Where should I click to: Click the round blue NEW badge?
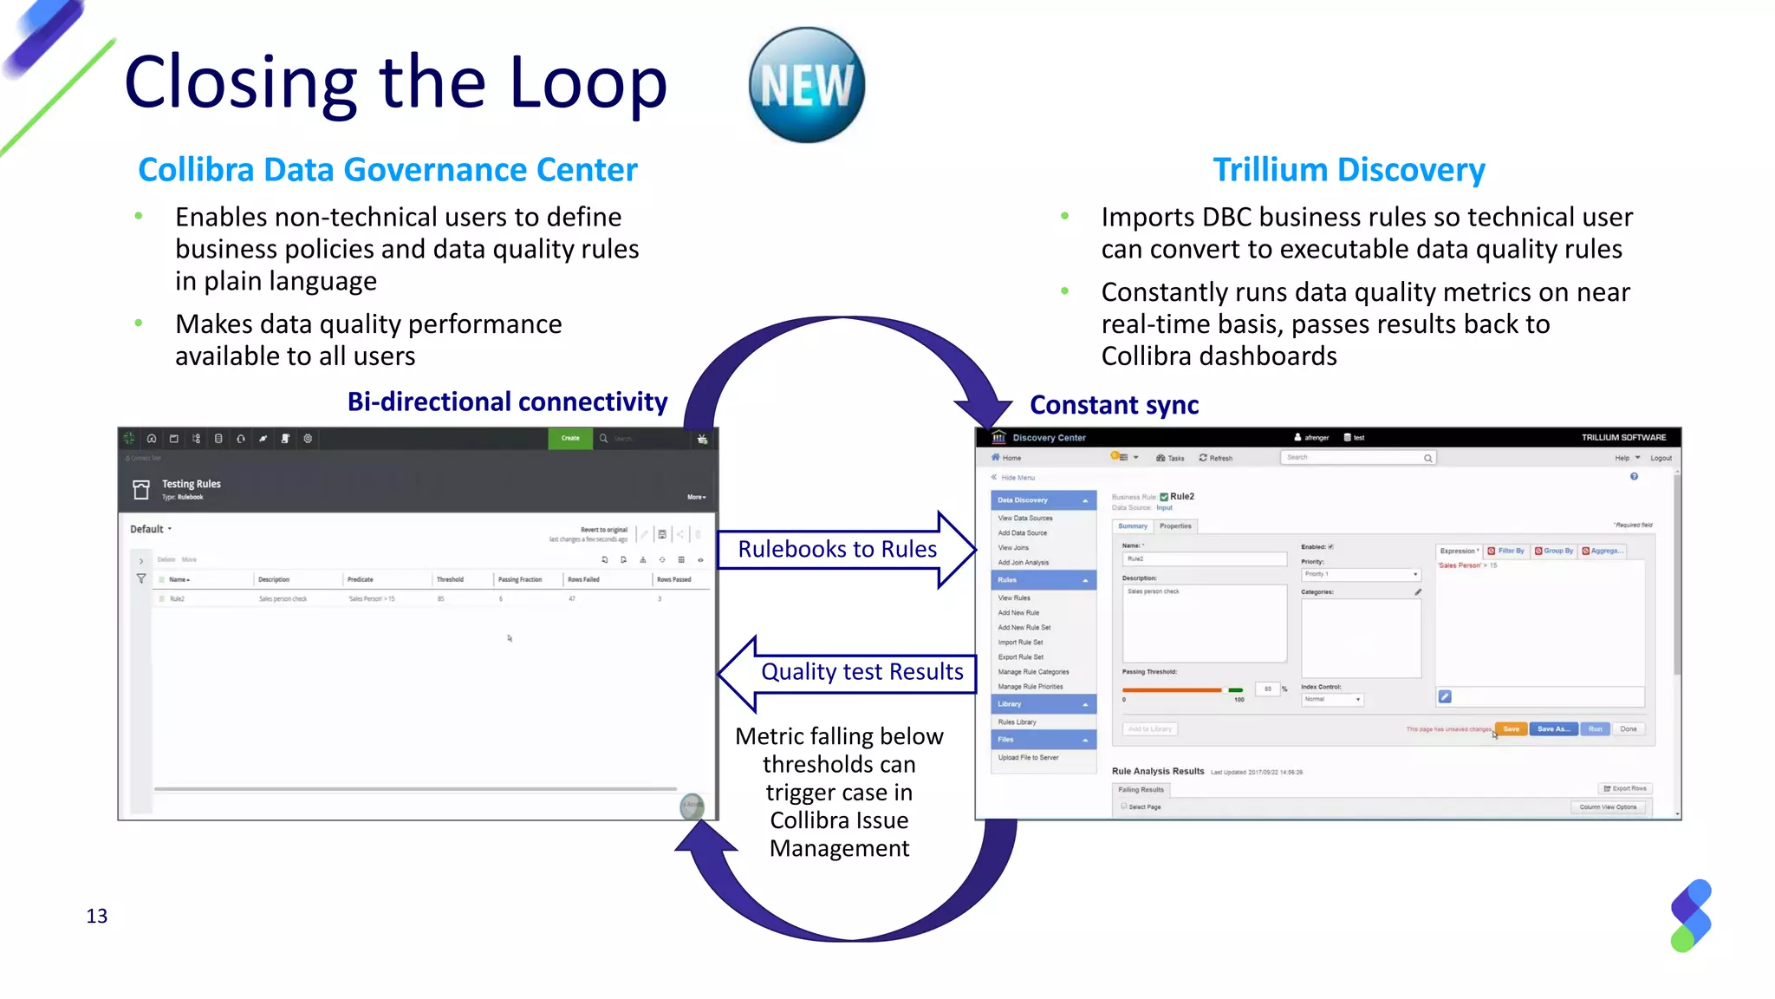pos(806,85)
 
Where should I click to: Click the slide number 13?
pos(97,916)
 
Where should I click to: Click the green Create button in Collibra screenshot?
pos(569,439)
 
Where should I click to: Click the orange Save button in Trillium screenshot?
pos(1511,729)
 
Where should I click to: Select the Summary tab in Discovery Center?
pos(1132,526)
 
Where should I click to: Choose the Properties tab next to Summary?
pos(1175,526)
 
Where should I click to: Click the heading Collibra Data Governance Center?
pos(387,170)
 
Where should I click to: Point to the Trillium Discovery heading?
pos(1349,170)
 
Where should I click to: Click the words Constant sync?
pos(1114,405)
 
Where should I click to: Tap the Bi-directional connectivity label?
pos(507,402)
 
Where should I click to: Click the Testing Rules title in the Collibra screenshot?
pos(191,484)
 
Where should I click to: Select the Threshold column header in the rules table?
pos(450,579)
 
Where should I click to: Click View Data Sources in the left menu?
pos(1025,519)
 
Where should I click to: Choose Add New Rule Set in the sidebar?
pos(1024,628)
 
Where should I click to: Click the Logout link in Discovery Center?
pos(1661,458)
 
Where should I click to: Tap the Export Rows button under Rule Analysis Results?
pos(1625,789)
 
